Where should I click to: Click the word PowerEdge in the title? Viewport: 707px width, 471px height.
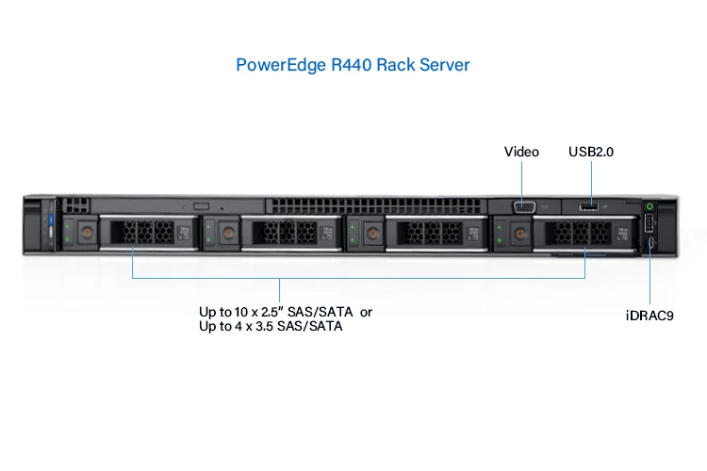[277, 65]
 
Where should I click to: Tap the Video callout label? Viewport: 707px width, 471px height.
[521, 152]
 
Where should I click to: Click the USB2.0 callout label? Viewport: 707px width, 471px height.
[591, 152]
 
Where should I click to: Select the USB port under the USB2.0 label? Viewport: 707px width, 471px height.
[590, 206]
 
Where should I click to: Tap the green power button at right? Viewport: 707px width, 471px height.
[649, 206]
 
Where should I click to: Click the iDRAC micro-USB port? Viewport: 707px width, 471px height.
[650, 247]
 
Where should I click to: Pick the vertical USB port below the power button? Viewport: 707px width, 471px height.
[650, 226]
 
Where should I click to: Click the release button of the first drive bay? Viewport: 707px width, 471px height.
[83, 230]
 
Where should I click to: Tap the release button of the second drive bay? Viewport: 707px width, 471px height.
[226, 230]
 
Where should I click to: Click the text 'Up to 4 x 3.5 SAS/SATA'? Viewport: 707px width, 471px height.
[270, 327]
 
